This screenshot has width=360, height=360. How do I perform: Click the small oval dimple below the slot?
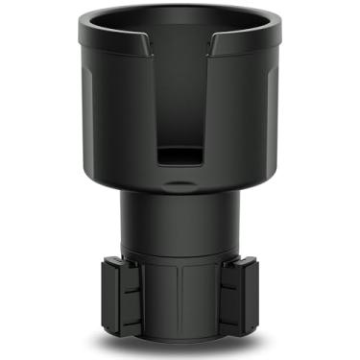(x=180, y=181)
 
